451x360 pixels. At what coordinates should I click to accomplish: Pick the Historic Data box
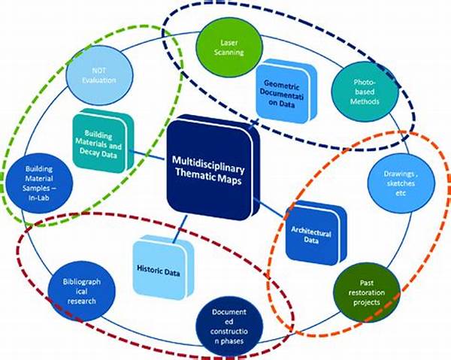[x=157, y=267]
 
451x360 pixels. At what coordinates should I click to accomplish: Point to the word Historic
[x=149, y=268]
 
